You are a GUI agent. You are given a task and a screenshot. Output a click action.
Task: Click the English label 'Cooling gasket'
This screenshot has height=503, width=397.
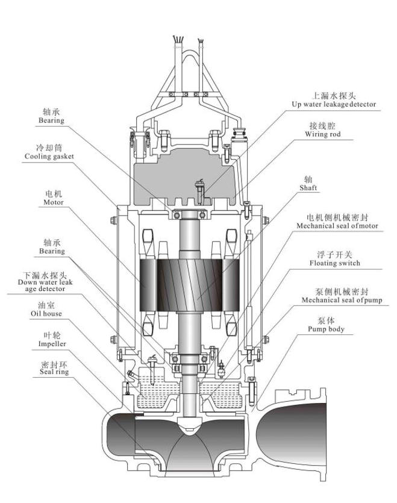[x=49, y=157]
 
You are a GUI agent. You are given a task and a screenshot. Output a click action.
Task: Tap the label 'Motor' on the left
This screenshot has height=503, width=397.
[x=53, y=202]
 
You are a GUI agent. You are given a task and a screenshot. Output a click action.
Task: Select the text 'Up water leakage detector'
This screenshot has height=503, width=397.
[x=342, y=104]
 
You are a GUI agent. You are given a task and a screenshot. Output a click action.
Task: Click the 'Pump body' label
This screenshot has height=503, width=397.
[x=327, y=330]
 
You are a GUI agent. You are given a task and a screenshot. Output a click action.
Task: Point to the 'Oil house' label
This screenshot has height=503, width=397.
[x=46, y=314]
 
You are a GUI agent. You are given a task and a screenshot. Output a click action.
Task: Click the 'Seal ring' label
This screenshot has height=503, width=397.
[x=54, y=372]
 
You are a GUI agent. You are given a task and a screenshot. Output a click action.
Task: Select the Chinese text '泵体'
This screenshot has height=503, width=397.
[x=326, y=320]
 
